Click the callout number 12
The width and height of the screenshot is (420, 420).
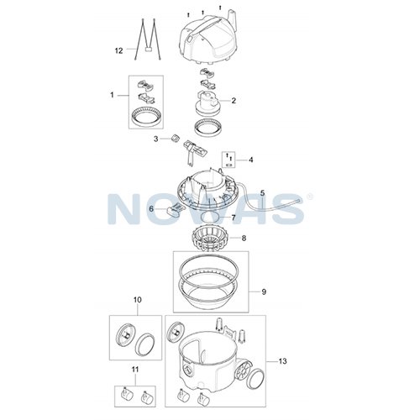tap(119, 50)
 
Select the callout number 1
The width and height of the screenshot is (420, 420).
tap(112, 95)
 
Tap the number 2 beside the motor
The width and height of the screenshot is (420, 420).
tap(234, 101)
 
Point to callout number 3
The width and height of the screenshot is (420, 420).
tap(156, 139)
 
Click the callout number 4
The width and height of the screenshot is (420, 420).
tap(251, 160)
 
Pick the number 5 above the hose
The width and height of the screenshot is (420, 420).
tap(262, 193)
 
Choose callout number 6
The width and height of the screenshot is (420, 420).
tap(151, 209)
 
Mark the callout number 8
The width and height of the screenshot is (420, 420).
tap(244, 239)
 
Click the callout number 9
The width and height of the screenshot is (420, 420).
tap(264, 291)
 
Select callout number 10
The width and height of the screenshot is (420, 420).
tap(138, 300)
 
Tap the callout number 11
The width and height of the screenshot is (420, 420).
tap(135, 370)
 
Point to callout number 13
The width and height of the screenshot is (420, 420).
tap(283, 361)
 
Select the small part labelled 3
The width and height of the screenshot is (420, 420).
tap(175, 138)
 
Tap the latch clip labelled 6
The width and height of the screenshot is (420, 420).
tap(176, 209)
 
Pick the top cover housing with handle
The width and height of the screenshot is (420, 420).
tap(208, 38)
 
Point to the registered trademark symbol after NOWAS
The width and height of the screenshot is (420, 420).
tap(310, 197)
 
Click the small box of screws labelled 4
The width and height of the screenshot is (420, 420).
tap(228, 160)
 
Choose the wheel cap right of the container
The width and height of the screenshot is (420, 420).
tap(256, 379)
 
